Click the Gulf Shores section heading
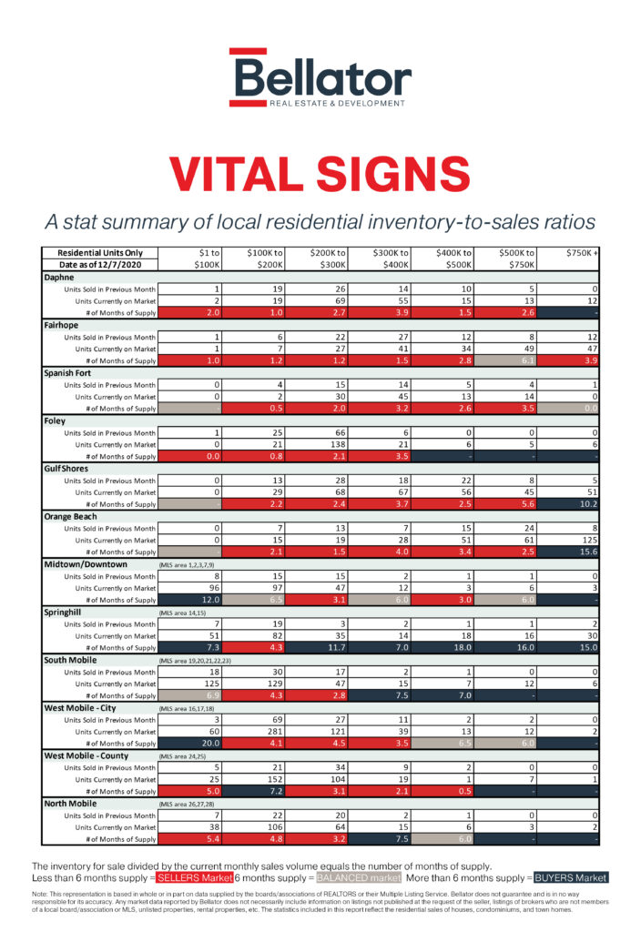coord(68,468)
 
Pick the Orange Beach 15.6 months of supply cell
coord(569,552)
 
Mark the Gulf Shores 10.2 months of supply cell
coord(569,503)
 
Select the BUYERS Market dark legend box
coord(569,877)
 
